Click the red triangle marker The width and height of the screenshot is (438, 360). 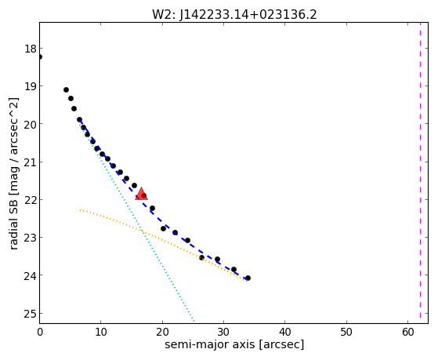click(141, 194)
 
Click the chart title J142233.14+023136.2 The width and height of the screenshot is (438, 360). click(248, 14)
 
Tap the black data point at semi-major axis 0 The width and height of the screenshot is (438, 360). click(40, 56)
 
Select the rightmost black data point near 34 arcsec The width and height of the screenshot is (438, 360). click(248, 278)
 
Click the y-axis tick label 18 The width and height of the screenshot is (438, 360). click(31, 49)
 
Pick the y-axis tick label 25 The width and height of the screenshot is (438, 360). click(31, 314)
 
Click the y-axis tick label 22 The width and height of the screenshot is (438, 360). click(31, 200)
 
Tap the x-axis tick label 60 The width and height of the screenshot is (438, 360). click(407, 332)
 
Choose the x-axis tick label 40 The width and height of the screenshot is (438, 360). click(285, 332)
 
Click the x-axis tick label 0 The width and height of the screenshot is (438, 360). click(40, 332)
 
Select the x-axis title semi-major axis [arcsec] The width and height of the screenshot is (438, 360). click(234, 344)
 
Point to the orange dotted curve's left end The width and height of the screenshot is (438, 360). click(80, 209)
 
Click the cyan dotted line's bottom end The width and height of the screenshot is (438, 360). click(194, 321)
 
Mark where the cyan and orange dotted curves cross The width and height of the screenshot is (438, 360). click(143, 231)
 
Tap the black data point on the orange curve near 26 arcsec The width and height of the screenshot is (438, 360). click(201, 257)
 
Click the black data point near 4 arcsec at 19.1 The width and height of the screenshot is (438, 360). click(66, 89)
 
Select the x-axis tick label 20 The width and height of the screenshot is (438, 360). click(162, 332)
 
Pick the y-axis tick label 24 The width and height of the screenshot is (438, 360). click(31, 276)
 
